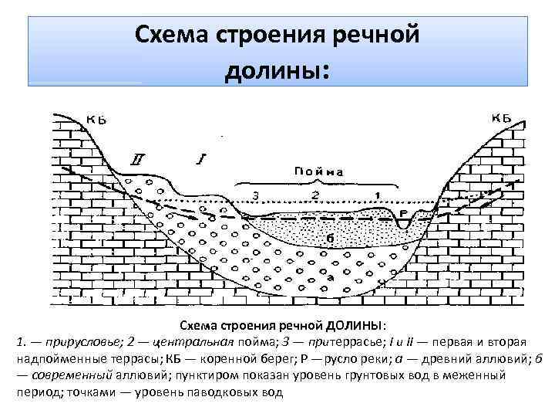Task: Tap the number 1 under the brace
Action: click(377, 194)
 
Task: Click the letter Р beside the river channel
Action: click(403, 212)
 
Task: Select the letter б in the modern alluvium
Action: click(330, 238)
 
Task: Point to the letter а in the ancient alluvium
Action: click(330, 276)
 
